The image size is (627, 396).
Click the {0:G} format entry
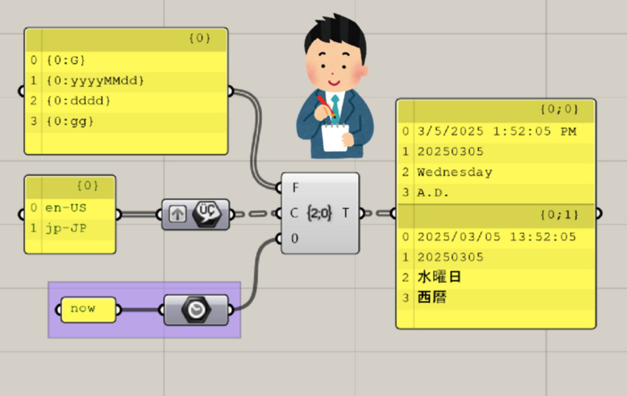click(66, 61)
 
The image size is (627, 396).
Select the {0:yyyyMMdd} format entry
click(95, 81)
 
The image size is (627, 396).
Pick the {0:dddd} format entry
click(79, 101)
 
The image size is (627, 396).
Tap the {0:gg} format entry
click(70, 121)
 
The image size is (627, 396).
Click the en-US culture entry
click(66, 208)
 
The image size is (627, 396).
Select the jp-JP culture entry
click(66, 228)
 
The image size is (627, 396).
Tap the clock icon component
click(195, 310)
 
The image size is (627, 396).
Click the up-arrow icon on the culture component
click(177, 214)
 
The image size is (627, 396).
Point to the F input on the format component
click(295, 188)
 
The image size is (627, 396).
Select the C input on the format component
click(294, 213)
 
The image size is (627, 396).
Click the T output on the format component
click(346, 213)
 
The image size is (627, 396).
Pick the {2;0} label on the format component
click(319, 213)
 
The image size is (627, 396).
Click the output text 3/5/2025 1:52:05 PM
click(496, 132)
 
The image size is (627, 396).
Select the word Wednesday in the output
click(454, 172)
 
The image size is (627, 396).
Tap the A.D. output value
click(433, 193)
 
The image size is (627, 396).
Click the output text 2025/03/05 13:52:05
click(496, 237)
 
